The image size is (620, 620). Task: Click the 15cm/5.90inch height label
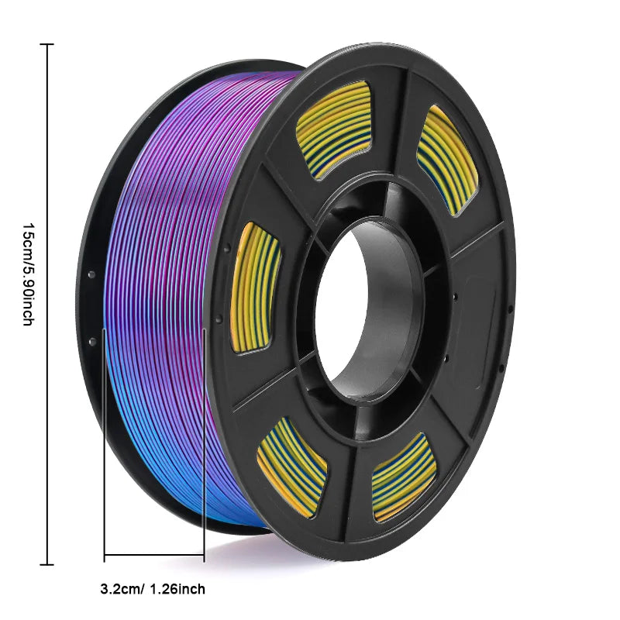point(27,274)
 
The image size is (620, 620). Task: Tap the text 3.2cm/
point(122,589)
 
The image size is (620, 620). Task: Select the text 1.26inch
point(178,589)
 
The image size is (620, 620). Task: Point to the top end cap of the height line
point(47,45)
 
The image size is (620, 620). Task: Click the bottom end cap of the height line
point(47,564)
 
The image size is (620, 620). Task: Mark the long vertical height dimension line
point(47,305)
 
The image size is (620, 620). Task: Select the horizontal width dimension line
point(153,554)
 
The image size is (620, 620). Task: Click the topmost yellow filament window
point(333,129)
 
